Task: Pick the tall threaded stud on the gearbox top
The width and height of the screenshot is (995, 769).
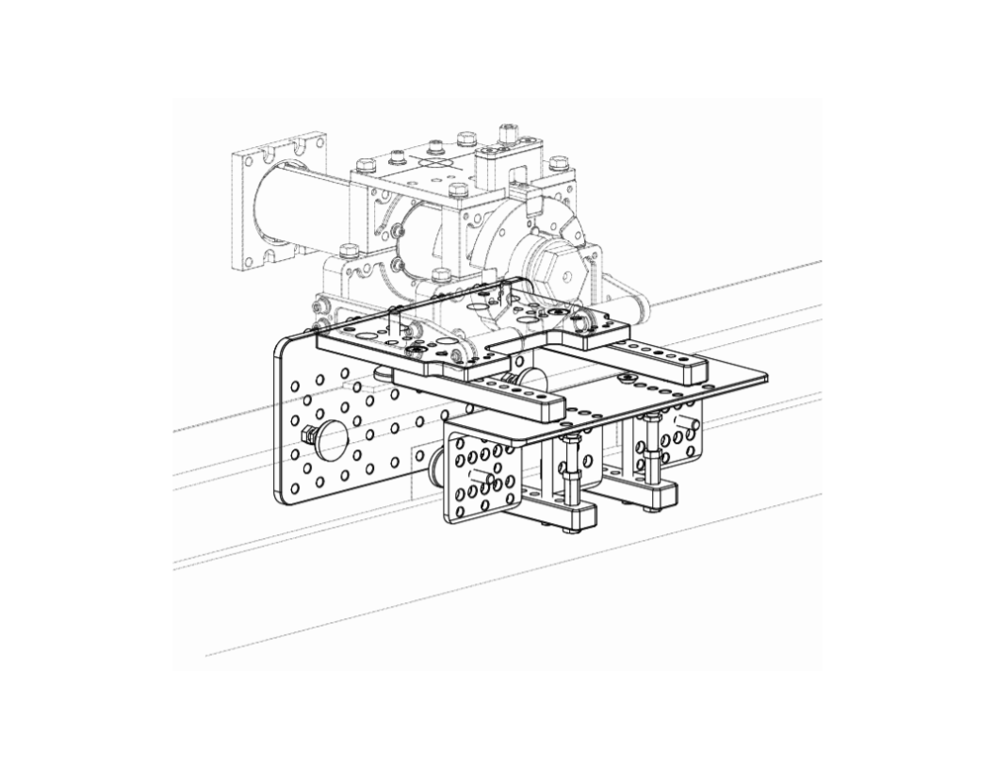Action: tap(510, 134)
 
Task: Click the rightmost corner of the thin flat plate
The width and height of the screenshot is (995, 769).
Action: tap(764, 378)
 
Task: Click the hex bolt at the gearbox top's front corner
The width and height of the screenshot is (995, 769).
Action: tap(458, 191)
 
